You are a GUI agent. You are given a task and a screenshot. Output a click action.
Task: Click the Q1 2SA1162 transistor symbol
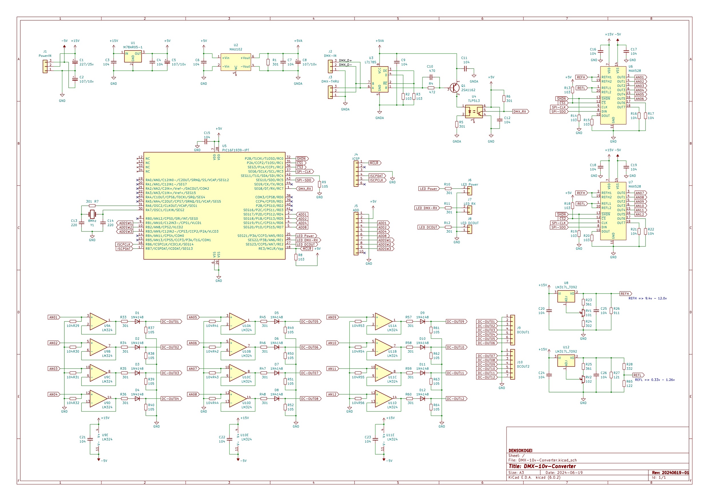click(x=455, y=88)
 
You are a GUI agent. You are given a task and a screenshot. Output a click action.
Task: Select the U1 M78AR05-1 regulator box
click(x=133, y=57)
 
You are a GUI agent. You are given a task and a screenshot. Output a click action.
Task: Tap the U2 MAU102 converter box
click(x=236, y=62)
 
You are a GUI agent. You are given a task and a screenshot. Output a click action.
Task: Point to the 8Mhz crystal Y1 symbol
click(x=92, y=214)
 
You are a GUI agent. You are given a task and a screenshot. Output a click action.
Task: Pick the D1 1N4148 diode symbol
click(x=138, y=321)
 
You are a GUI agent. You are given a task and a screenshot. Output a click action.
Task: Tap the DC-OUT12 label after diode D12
click(x=456, y=398)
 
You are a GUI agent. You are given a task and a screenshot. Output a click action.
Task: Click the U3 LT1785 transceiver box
click(x=379, y=79)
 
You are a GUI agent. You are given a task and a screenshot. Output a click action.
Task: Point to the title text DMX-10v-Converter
click(x=542, y=466)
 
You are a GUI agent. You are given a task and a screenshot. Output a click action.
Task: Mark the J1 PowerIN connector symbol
click(x=45, y=66)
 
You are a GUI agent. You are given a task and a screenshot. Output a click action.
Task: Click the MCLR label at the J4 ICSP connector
click(x=375, y=163)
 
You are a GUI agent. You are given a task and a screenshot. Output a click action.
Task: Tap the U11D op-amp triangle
click(x=384, y=398)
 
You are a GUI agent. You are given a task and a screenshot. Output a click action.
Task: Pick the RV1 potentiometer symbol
click(x=583, y=313)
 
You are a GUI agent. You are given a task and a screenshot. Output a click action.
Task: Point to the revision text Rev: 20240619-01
click(x=670, y=473)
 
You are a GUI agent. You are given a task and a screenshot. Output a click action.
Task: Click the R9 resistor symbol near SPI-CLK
click(x=319, y=184)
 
